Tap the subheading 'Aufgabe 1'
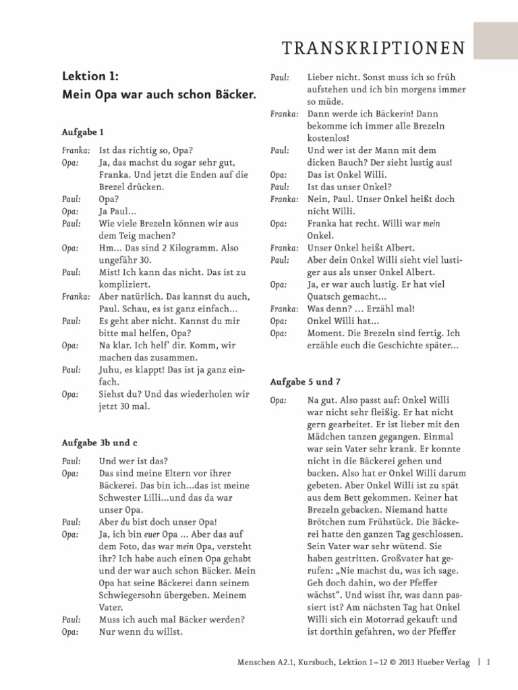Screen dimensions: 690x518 [82, 132]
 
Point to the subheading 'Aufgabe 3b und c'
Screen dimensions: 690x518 [99, 442]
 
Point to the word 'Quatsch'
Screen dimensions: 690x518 [326, 296]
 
